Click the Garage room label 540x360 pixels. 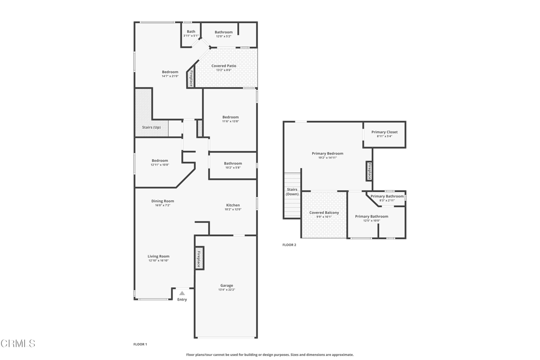(227, 286)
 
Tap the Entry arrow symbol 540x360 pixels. (182, 293)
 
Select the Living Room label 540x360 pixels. (158, 257)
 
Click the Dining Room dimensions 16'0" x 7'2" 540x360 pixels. (162, 206)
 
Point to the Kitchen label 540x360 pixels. (233, 205)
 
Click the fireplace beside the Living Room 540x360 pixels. (199, 258)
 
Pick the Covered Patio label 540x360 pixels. (224, 66)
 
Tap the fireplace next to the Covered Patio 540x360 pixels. (191, 79)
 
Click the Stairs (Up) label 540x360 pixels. (151, 128)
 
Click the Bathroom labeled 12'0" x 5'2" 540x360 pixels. (224, 34)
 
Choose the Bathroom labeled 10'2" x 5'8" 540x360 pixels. (233, 166)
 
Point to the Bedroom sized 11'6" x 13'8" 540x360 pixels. (230, 119)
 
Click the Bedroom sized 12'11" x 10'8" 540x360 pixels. (160, 162)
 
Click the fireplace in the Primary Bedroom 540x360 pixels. (369, 171)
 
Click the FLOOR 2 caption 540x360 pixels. (289, 245)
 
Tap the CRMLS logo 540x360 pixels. (18, 344)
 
